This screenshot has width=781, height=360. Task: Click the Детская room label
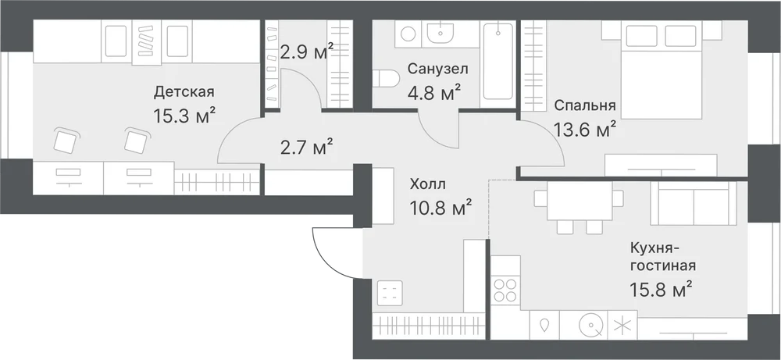184,92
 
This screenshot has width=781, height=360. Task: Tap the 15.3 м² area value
185,116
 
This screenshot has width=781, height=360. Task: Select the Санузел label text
438,69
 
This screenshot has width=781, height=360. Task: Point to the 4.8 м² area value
435,93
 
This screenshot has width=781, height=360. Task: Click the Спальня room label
585,105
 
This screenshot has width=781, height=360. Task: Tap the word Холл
427,185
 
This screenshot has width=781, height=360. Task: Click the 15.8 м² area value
661,290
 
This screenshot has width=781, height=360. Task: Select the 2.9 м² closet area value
306,52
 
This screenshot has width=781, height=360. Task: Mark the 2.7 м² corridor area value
306,148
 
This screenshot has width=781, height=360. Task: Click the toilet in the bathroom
387,80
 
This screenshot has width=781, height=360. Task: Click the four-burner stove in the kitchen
505,289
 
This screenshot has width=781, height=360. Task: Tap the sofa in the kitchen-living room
694,203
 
